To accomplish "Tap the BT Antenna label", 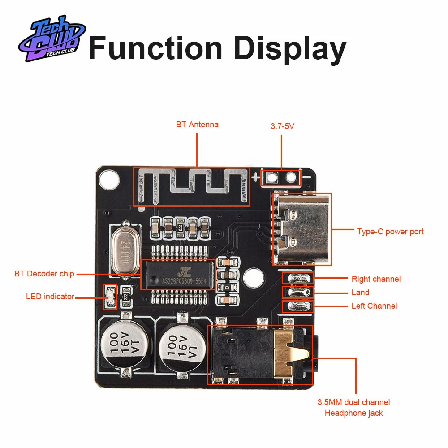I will pos(197,125).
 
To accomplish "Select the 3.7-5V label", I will pos(282,126).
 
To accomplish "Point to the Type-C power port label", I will pos(390,232).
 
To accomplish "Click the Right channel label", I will pos(376,279).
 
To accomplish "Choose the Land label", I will pos(360,293).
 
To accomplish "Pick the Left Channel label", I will pos(374,306).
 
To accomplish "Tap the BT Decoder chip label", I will pos(44,273).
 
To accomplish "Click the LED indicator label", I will pos(50,296).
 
